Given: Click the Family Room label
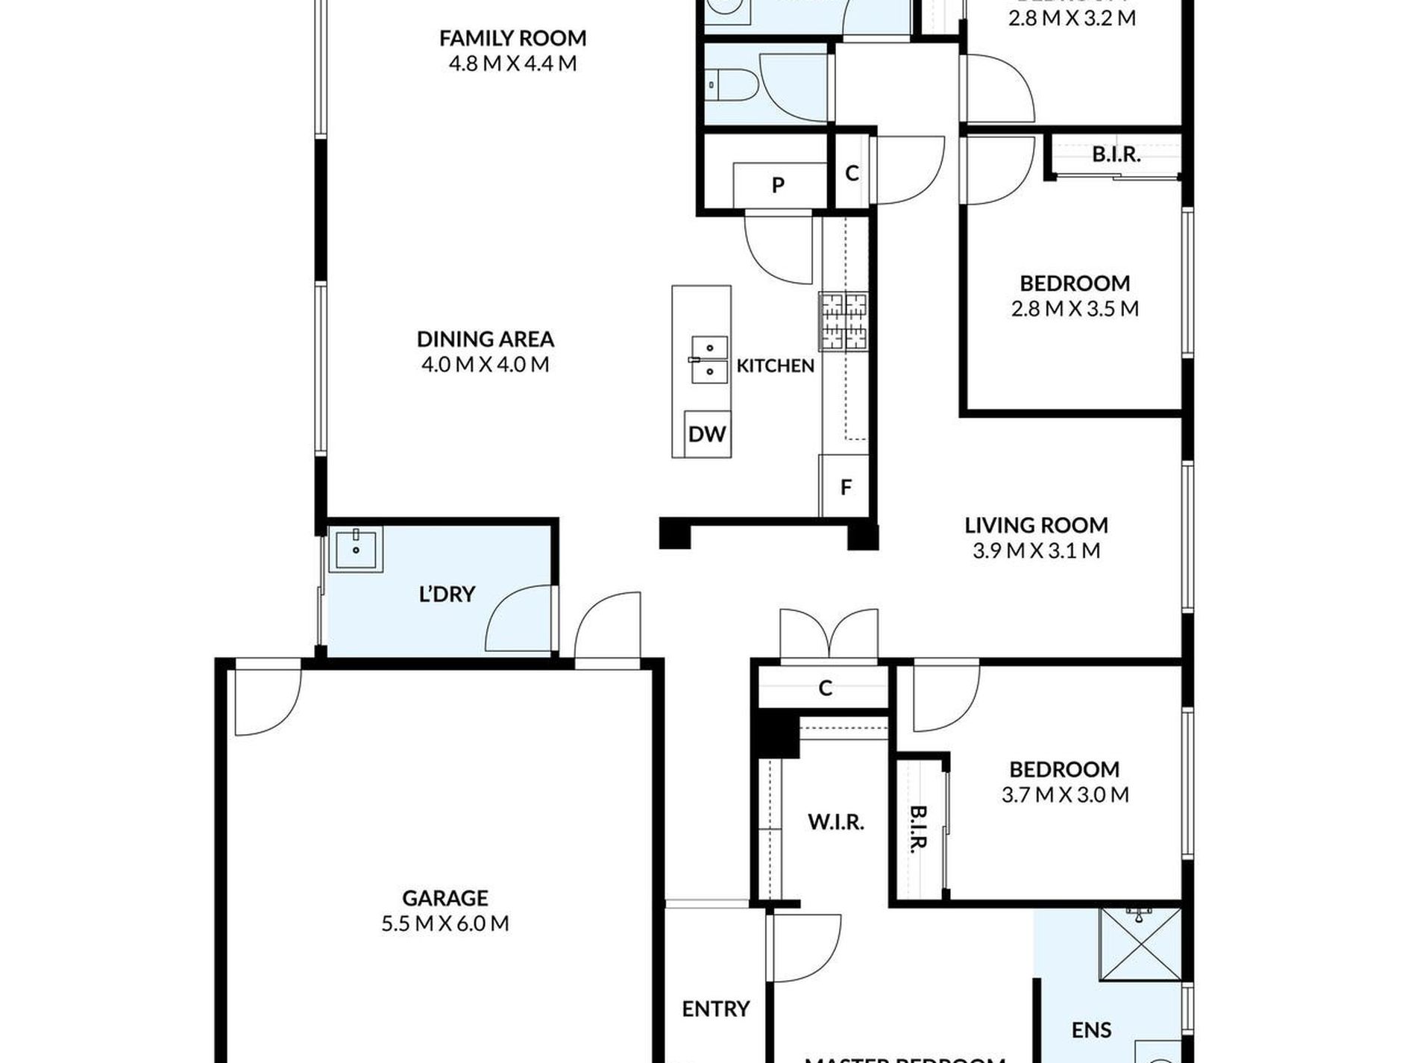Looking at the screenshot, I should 512,38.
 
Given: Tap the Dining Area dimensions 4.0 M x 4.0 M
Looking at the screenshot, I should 485,365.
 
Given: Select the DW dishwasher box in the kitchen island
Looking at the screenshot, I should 706,434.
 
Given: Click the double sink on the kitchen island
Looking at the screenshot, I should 708,360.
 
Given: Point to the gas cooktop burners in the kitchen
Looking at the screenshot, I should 843,322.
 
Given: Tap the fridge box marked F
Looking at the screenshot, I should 846,487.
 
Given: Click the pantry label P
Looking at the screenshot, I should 778,185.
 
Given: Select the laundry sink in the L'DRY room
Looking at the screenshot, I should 356,550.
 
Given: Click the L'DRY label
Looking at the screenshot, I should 447,595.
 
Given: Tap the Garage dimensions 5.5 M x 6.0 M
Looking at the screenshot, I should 445,924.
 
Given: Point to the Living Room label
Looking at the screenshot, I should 1036,525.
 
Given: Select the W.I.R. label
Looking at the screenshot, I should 835,822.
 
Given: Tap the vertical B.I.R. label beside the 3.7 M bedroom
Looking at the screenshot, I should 918,829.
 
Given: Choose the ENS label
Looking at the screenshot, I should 1091,1030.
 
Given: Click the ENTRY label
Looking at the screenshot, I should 715,1009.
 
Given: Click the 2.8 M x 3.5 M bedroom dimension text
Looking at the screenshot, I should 1075,309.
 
